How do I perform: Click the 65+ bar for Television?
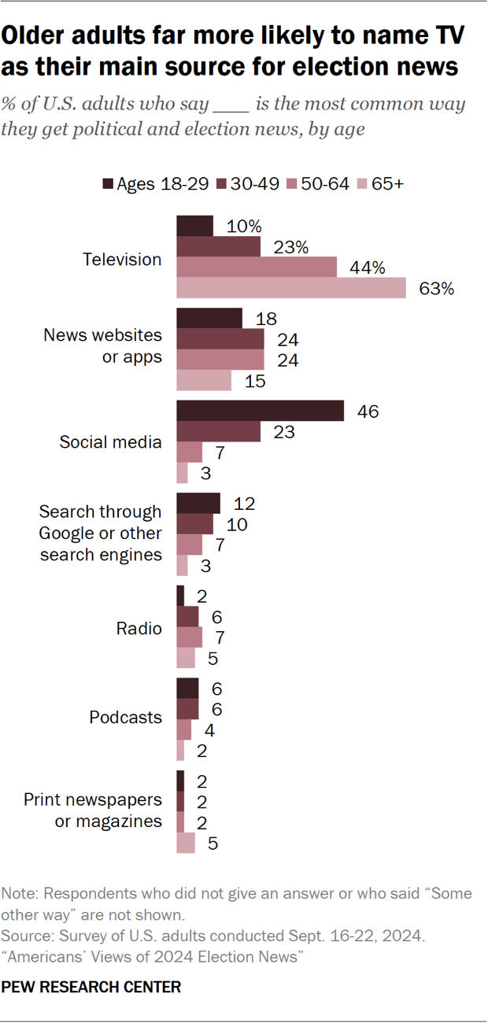(290, 289)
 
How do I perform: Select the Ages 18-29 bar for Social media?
(260, 411)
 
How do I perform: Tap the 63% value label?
(437, 289)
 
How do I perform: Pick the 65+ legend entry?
(379, 184)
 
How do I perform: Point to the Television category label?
(122, 260)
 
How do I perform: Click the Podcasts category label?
(125, 718)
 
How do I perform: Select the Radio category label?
(139, 628)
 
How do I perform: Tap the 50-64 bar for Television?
(257, 268)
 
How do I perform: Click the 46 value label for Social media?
(367, 412)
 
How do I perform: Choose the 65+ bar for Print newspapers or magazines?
(185, 844)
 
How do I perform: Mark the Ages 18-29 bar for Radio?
(180, 596)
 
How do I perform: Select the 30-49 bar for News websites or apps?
(220, 338)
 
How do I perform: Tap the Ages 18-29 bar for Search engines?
(198, 504)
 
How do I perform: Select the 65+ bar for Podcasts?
(180, 752)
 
